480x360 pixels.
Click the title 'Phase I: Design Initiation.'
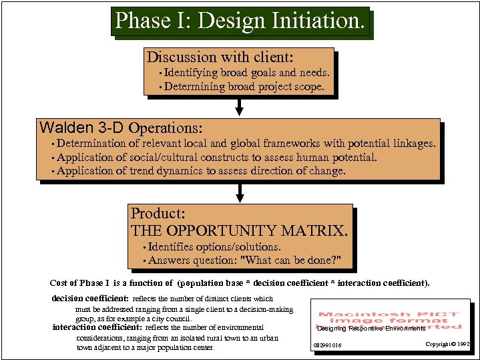240,21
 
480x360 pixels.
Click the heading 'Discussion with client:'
220,57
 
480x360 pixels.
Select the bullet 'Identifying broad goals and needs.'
246,73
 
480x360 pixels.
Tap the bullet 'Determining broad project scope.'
244,87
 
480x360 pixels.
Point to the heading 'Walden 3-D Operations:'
121,128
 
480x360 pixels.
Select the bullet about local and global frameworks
246,144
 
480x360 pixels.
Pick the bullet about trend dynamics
201,171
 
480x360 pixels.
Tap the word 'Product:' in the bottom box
158,214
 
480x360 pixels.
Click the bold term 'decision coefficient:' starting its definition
90,299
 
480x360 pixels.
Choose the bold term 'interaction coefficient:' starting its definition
97,327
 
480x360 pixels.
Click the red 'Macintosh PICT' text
388,314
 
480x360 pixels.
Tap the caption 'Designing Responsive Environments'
371,329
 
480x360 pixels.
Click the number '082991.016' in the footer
328,345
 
